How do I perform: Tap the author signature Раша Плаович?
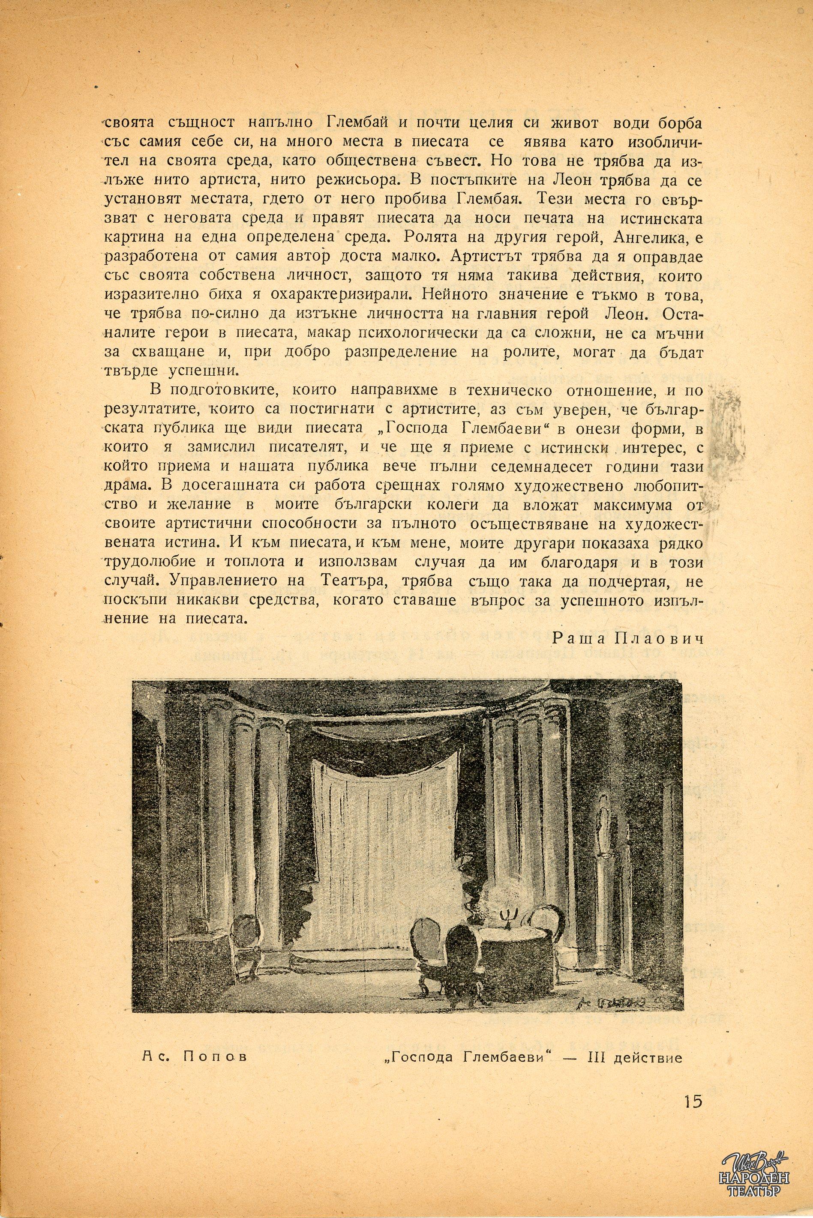[627, 638]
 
